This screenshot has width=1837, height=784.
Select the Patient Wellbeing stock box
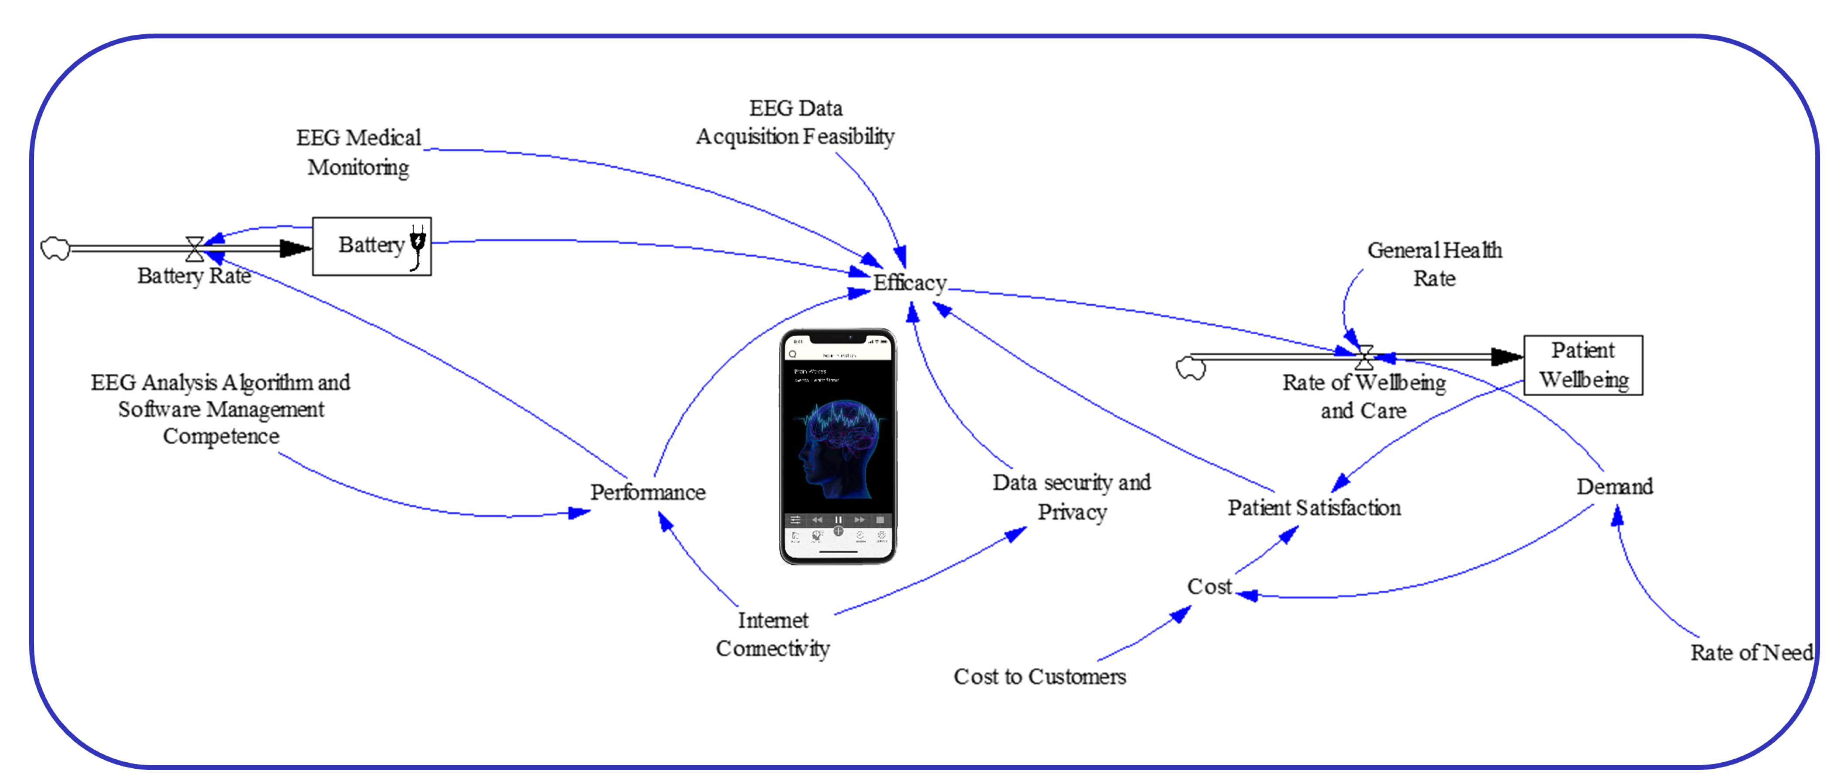coord(1583,365)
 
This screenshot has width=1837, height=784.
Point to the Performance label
coord(647,492)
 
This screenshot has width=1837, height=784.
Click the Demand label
coord(1614,486)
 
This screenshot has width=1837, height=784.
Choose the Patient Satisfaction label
coord(1313,508)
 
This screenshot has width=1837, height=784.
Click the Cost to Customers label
coord(1040,676)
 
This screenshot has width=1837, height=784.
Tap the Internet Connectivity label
coord(773,634)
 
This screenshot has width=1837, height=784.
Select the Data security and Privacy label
coord(1071,497)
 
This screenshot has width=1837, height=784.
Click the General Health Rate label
coord(1434,264)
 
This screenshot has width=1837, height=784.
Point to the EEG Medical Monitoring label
coord(358,152)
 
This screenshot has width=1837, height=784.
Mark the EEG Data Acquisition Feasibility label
coord(795,122)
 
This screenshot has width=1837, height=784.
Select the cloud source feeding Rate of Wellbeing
coord(1190,368)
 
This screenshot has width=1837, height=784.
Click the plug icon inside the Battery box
coord(418,246)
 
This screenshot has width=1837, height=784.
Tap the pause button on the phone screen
coord(839,520)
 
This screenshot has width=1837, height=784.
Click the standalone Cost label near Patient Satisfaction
coord(1209,586)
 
